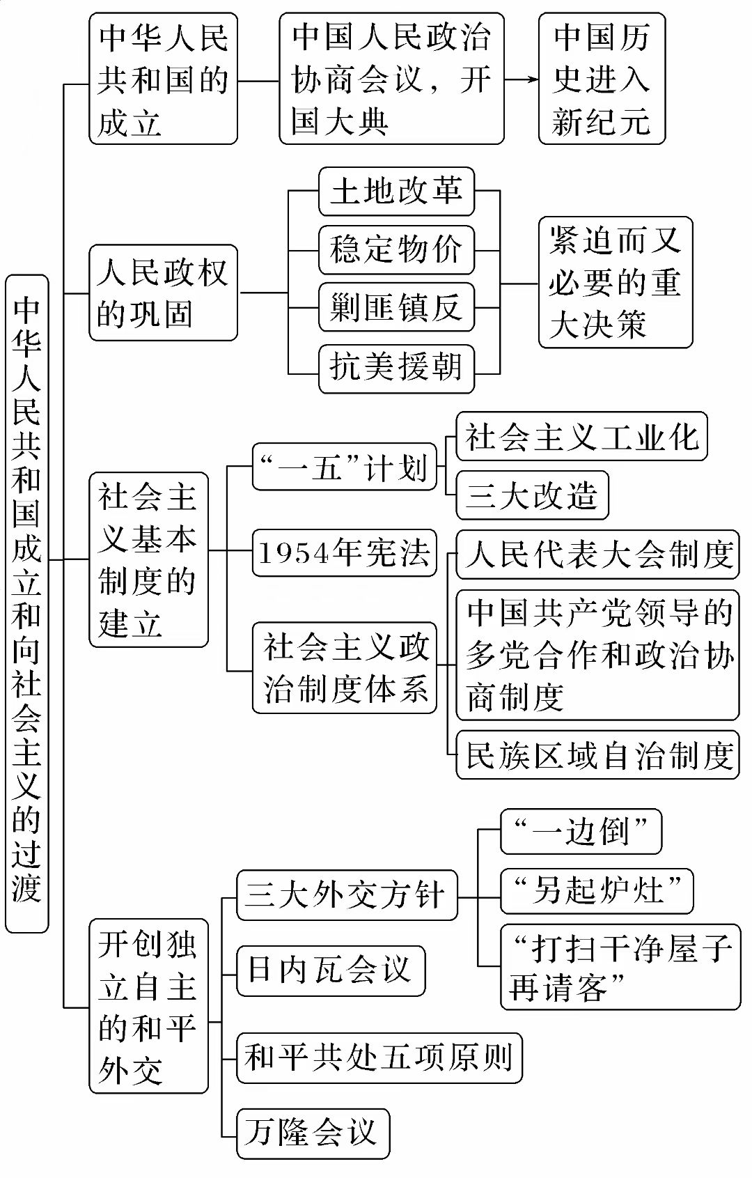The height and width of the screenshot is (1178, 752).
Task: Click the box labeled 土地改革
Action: tap(396, 192)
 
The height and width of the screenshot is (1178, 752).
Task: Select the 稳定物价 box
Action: tap(396, 249)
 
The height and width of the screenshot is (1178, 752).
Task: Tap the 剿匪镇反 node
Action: tap(396, 307)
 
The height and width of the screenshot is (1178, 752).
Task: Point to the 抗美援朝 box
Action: tap(396, 367)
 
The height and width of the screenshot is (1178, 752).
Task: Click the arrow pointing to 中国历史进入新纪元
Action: tap(522, 79)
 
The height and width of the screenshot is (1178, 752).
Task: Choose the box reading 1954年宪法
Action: tap(344, 553)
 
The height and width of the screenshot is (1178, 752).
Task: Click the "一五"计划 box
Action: tap(344, 467)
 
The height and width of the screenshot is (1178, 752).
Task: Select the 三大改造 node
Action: tap(532, 495)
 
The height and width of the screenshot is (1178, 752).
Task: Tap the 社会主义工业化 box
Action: tap(581, 437)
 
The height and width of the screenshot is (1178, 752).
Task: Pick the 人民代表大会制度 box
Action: tap(597, 555)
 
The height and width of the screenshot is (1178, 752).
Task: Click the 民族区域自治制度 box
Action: tap(597, 754)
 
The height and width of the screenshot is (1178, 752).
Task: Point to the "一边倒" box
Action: tap(581, 831)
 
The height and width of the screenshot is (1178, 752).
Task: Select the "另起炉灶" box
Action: tap(597, 890)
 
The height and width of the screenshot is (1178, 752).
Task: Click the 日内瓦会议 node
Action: tap(331, 970)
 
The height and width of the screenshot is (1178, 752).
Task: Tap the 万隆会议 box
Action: tap(313, 1133)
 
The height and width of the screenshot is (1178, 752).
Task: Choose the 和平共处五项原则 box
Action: tap(379, 1058)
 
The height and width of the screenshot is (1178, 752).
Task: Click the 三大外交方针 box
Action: tap(347, 895)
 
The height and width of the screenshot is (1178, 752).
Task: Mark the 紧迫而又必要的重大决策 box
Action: tap(616, 282)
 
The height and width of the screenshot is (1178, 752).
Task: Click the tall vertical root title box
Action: tap(27, 603)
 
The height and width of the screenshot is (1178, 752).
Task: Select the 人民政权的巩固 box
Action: tap(163, 293)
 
